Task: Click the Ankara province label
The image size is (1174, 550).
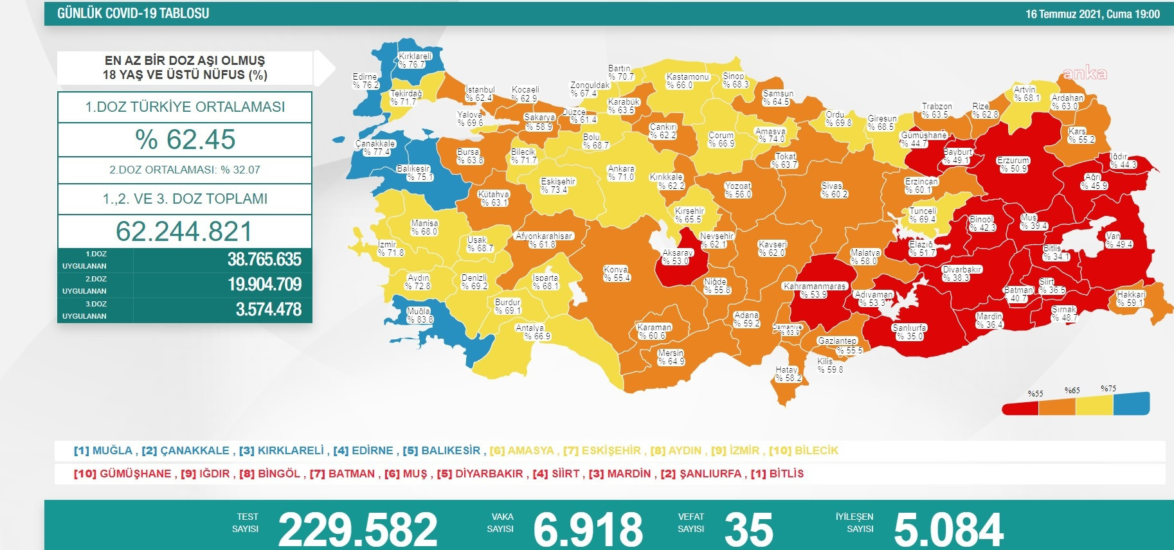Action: [621, 173]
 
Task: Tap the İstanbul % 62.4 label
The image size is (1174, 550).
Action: [480, 94]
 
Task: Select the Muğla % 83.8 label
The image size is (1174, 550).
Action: [420, 315]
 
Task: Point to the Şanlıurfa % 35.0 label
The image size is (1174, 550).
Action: [909, 332]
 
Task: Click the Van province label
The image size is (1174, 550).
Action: [1119, 240]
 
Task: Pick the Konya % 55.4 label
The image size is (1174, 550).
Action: [617, 274]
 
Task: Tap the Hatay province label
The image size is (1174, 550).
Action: [788, 374]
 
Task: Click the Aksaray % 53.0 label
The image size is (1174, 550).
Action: [677, 257]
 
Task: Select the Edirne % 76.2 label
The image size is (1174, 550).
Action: [365, 81]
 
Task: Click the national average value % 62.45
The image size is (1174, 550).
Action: [185, 139]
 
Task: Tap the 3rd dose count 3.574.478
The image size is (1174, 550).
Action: [268, 310]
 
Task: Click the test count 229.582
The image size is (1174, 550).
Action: [357, 529]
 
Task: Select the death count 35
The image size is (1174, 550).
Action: [748, 529]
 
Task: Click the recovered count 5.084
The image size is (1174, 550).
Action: [948, 529]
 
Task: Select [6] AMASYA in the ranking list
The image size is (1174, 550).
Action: [521, 450]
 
